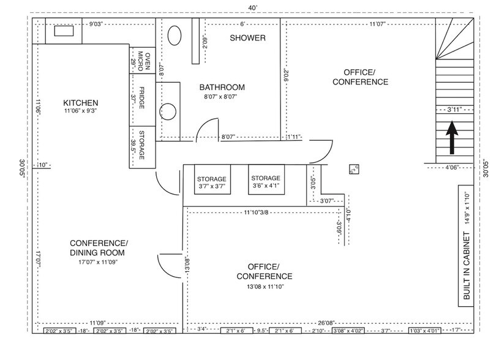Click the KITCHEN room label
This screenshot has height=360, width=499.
point(81,102)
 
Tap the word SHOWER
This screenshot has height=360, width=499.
point(247,38)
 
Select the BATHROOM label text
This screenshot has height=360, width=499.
point(222,87)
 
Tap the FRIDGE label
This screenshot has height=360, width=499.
point(141,98)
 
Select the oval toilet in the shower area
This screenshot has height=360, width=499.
point(174,36)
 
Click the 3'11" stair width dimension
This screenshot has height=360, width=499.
point(454,109)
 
